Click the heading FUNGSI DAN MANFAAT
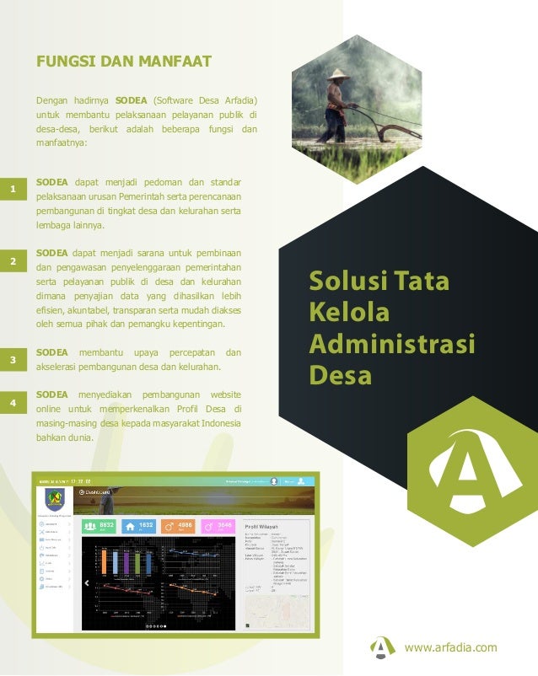click(x=123, y=62)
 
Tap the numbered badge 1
click(x=13, y=190)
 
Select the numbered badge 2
click(x=13, y=261)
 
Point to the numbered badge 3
click(x=13, y=360)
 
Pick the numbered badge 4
click(x=13, y=404)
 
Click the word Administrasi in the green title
click(x=392, y=344)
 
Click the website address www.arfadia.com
click(x=451, y=647)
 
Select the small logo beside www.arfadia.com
click(x=383, y=646)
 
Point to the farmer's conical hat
click(x=339, y=74)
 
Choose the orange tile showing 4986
click(x=179, y=526)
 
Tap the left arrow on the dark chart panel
click(x=86, y=582)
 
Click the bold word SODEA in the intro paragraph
click(x=133, y=101)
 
